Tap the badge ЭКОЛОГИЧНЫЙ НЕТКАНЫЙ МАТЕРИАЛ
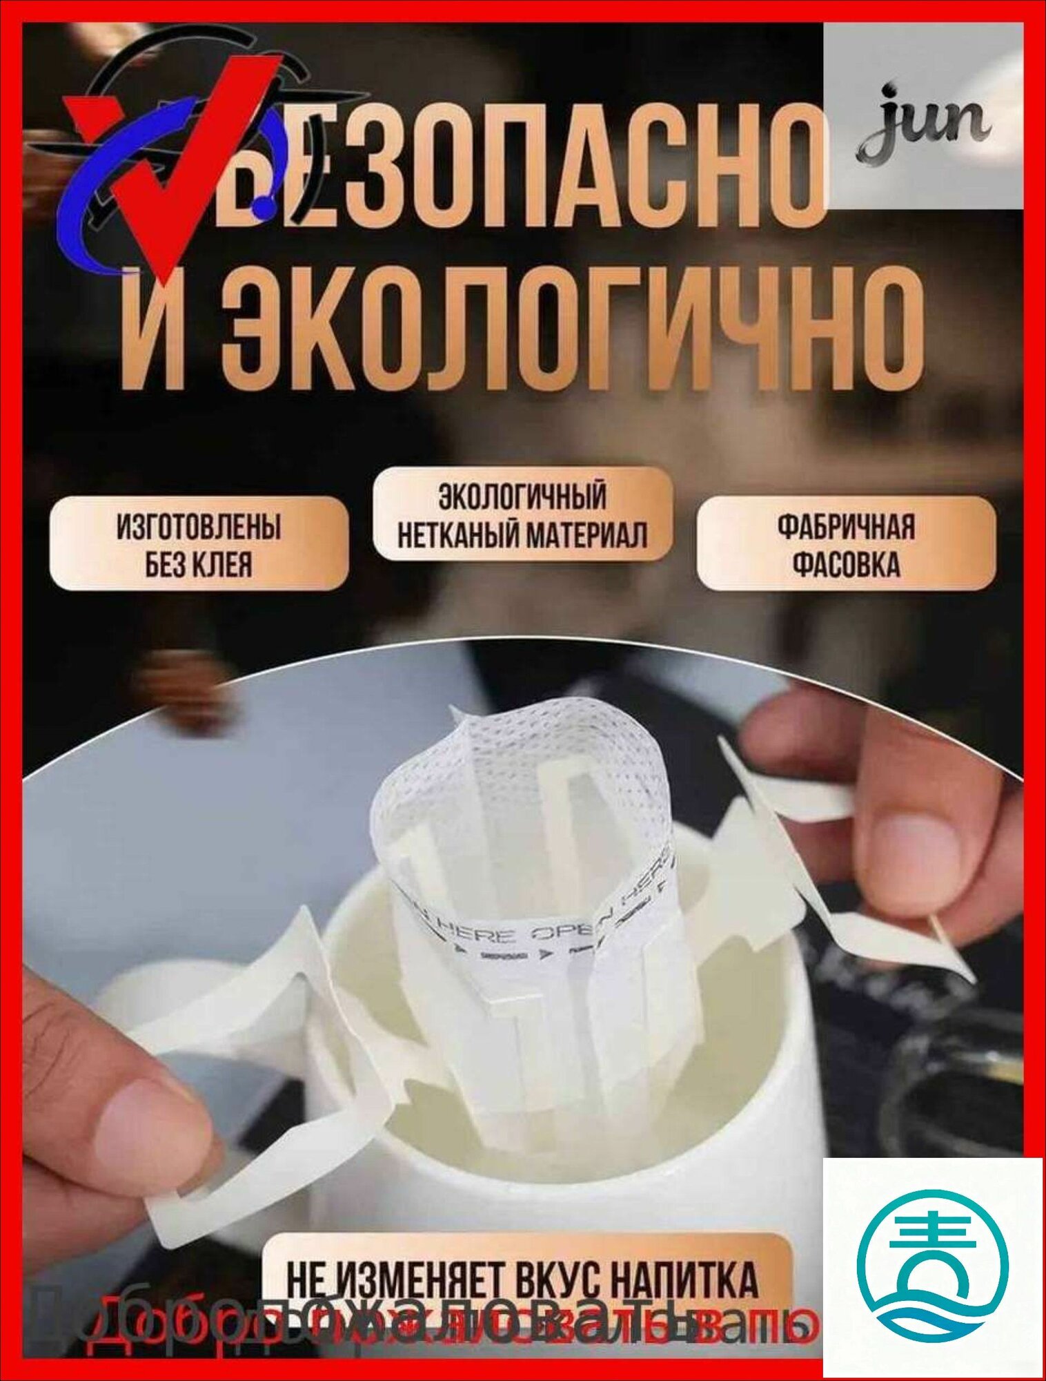tap(522, 515)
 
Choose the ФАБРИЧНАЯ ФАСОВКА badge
tap(846, 544)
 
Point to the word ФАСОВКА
tap(846, 564)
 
